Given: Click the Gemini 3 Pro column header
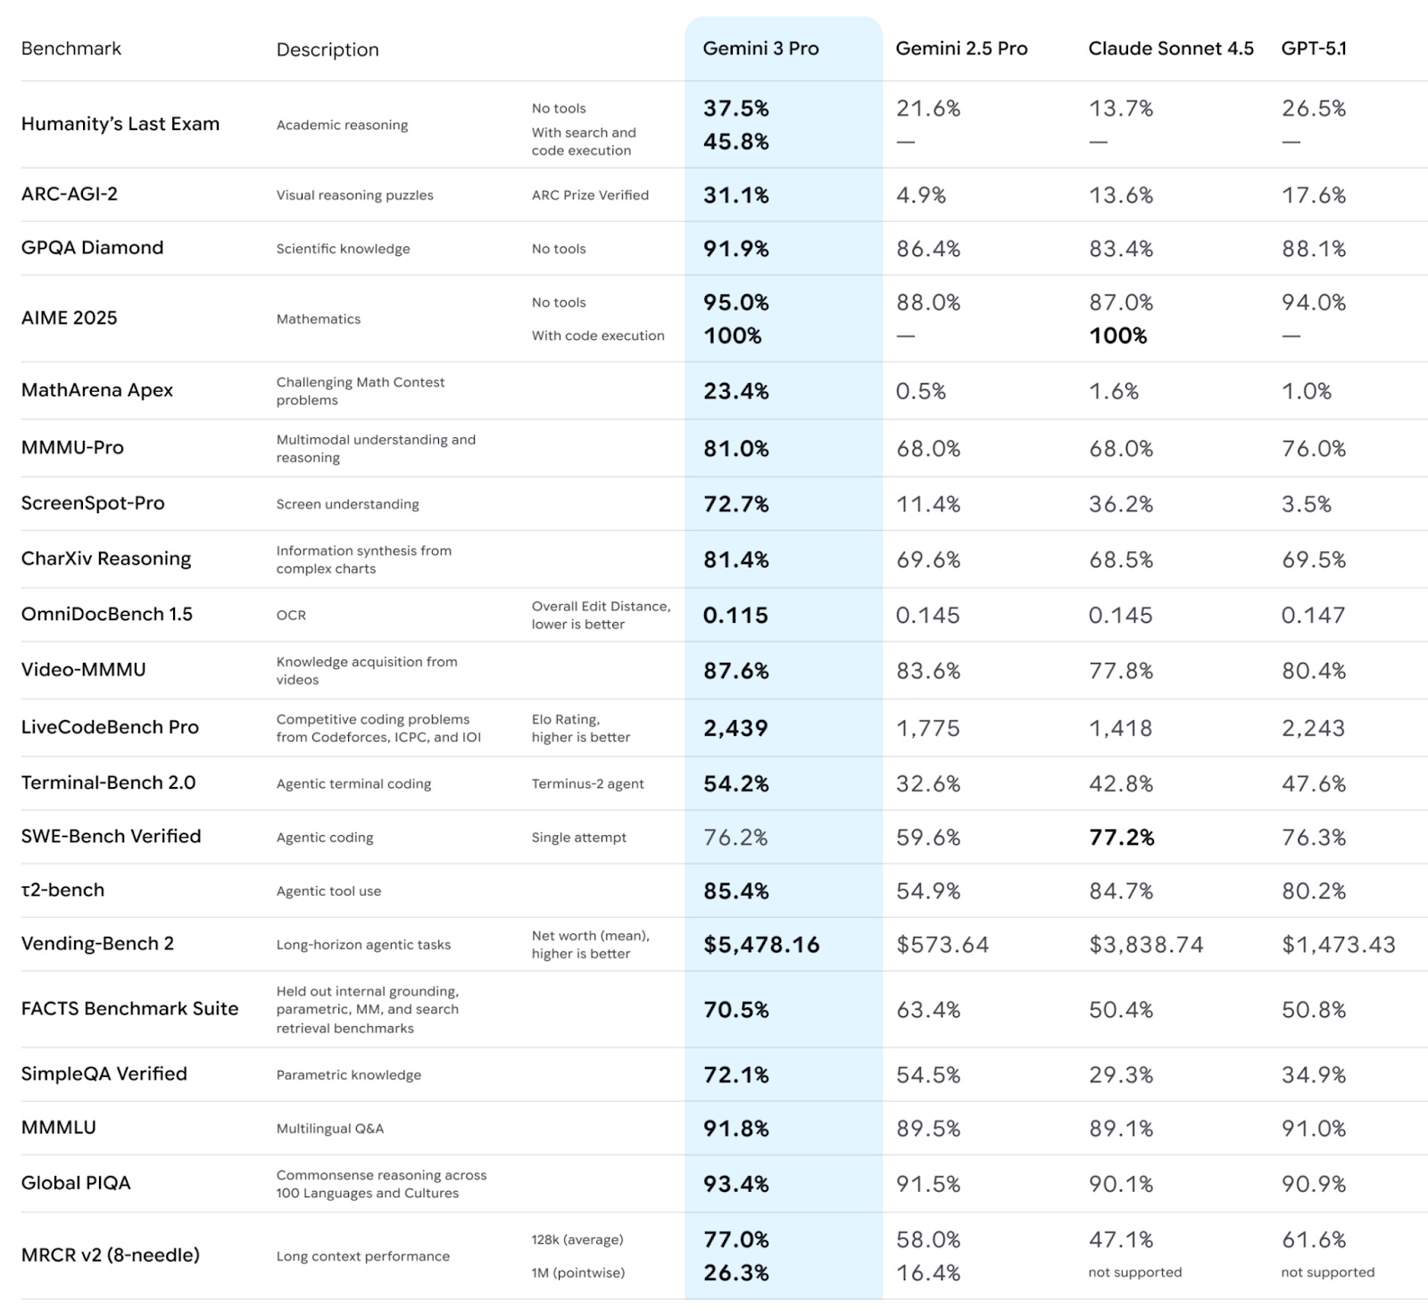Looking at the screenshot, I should click(x=760, y=49).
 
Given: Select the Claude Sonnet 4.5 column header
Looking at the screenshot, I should click(x=1170, y=49).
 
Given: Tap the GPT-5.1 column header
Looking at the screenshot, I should click(x=1314, y=49).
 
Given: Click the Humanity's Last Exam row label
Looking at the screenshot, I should click(x=120, y=124).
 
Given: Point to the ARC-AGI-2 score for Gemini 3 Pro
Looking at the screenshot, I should click(x=735, y=195).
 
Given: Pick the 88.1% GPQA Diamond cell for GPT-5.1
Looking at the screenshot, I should click(x=1314, y=249).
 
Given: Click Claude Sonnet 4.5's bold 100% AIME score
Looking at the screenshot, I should click(x=1117, y=336).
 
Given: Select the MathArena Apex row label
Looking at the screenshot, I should click(x=97, y=390).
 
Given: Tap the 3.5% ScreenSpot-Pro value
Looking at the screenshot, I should click(x=1307, y=504).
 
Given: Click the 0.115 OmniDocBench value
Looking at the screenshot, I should click(x=735, y=616).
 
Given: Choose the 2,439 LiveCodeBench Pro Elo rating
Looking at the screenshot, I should click(x=735, y=728).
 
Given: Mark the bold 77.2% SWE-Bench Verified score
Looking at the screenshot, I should click(x=1122, y=838).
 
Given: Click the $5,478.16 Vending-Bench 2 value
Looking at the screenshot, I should click(x=761, y=945).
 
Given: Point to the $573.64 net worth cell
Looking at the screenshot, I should click(x=942, y=945).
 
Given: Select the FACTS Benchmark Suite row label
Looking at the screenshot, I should click(x=130, y=1009).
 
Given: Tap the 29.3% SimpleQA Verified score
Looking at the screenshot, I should click(x=1121, y=1075).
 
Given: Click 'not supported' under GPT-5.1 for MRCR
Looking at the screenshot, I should click(x=1327, y=1272).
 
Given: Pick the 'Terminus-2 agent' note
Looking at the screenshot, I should click(x=587, y=784).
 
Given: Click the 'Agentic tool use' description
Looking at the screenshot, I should click(x=328, y=891).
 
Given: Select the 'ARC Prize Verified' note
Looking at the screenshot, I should click(x=590, y=195).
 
